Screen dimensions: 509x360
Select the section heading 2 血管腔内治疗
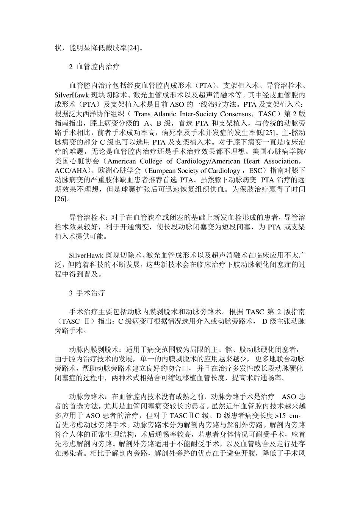[94, 67]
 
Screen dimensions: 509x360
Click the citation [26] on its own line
[61, 198]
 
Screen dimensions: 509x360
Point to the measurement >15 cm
[285, 415]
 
